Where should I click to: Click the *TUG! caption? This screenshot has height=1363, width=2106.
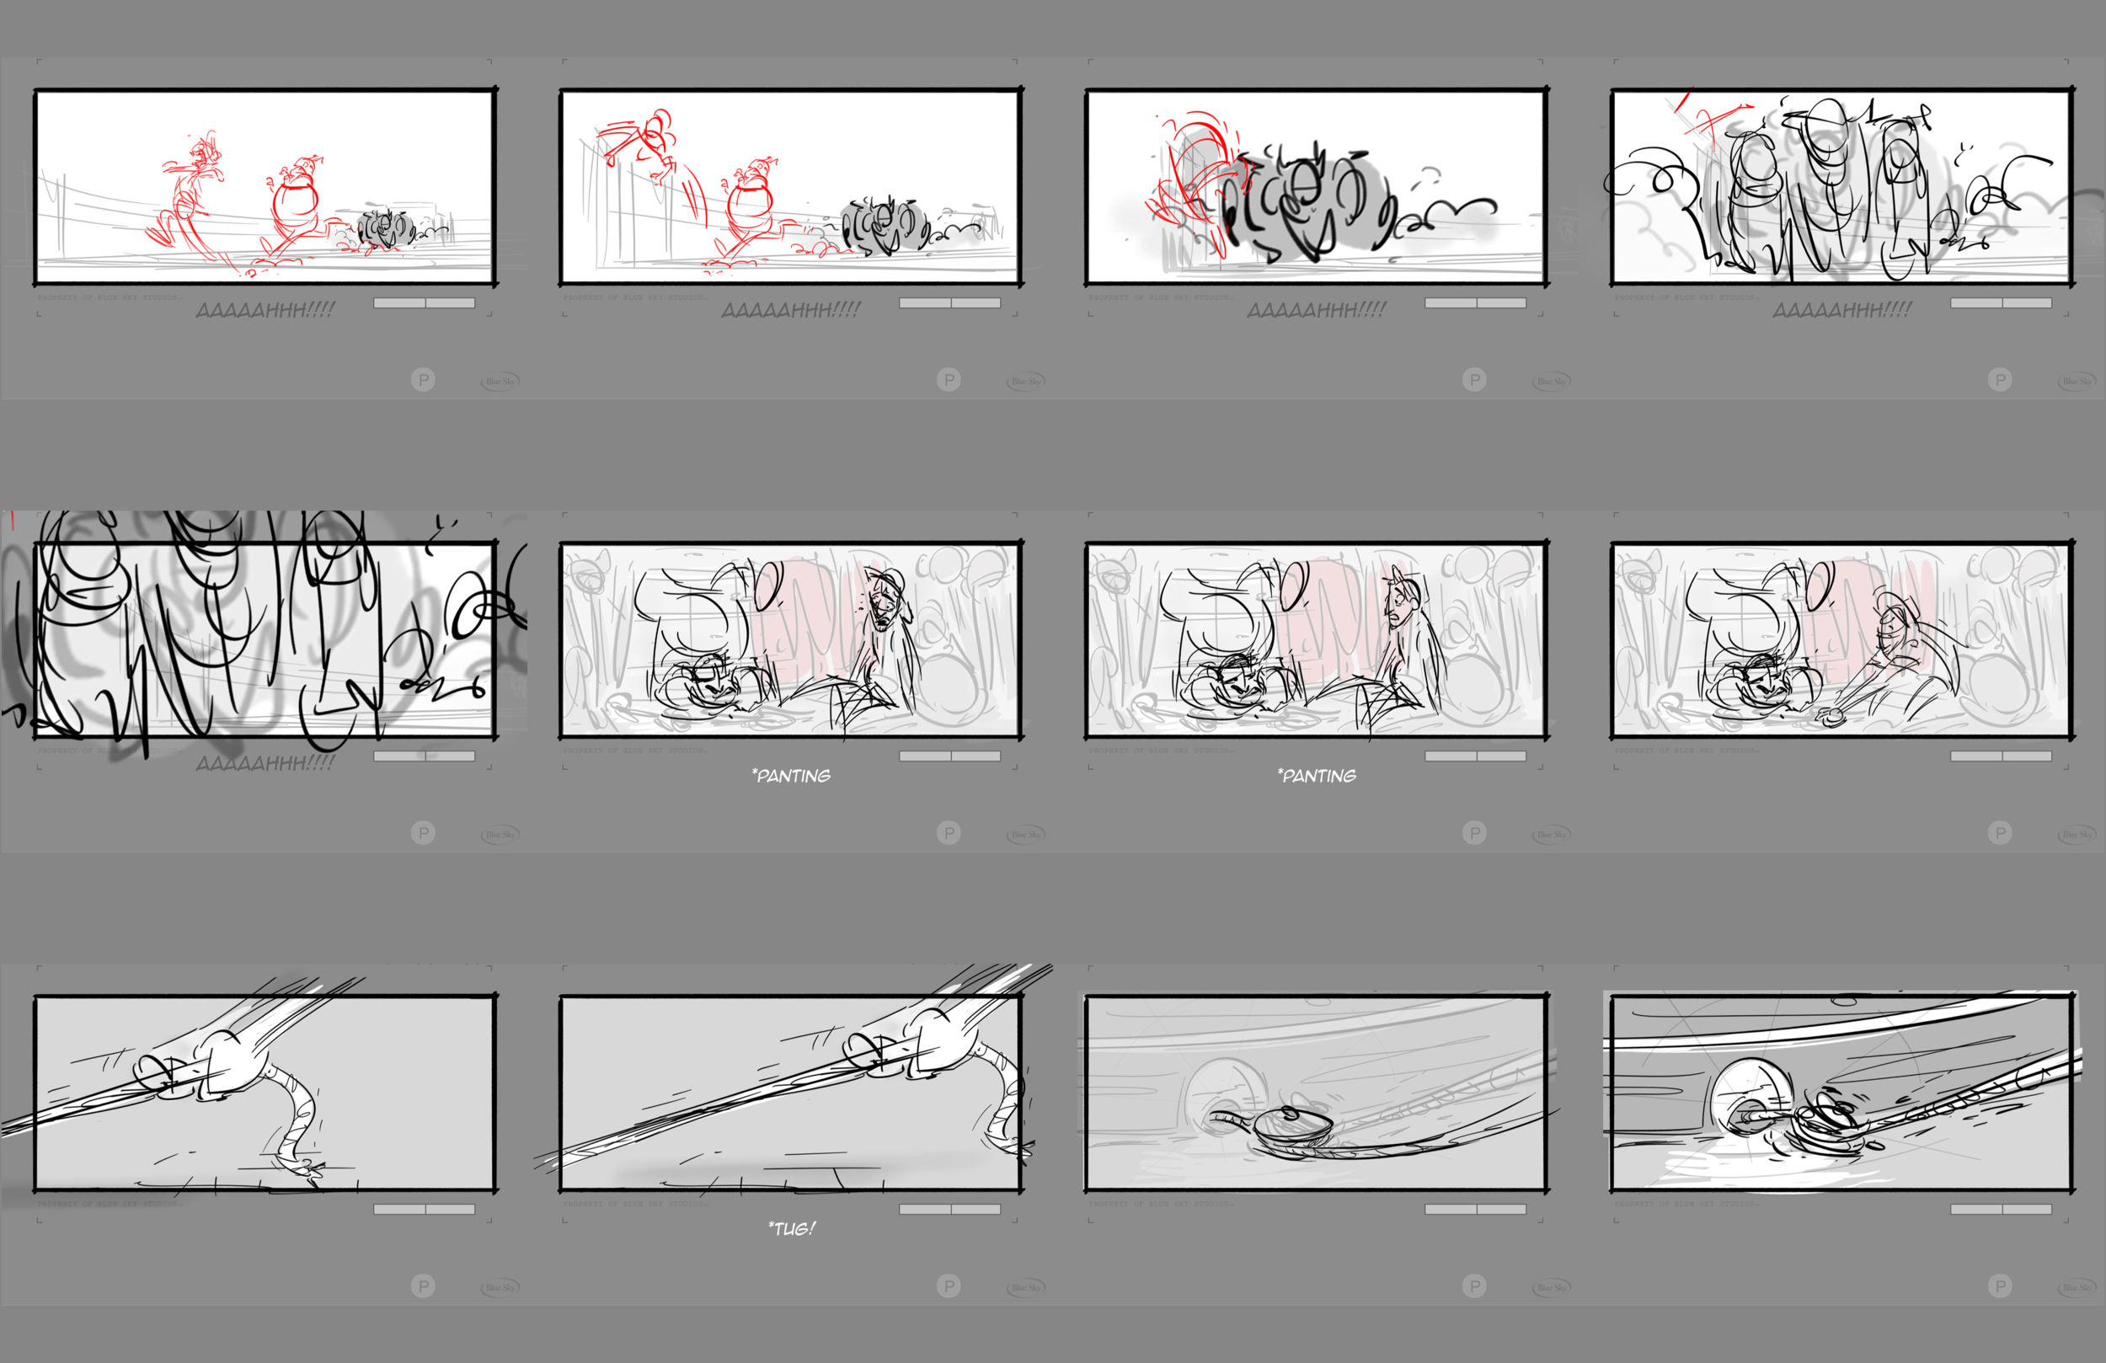tap(791, 1228)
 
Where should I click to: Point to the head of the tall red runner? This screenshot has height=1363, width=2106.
tap(206, 152)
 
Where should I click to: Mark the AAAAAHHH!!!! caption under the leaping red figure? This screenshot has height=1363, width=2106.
tap(790, 310)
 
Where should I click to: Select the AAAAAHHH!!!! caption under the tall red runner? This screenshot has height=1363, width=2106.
tap(265, 310)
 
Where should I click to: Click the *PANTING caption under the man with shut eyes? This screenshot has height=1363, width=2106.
tap(791, 776)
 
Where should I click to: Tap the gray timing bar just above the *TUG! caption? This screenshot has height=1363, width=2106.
tap(949, 1209)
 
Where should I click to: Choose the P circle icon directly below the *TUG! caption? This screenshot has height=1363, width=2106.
tap(949, 1285)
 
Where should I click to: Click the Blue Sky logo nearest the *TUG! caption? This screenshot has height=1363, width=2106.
tap(1024, 1287)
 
